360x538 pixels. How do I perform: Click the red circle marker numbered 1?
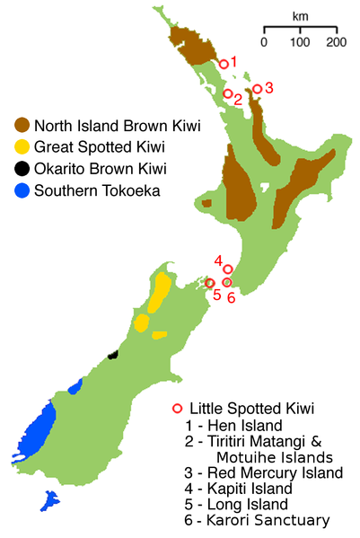click(224, 64)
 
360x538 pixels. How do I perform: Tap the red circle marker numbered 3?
click(258, 89)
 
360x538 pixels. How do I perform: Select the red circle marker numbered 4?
click(228, 269)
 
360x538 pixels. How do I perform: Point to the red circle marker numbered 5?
click(210, 283)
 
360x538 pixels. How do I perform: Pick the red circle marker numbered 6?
click(227, 282)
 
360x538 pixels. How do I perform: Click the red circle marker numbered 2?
click(228, 93)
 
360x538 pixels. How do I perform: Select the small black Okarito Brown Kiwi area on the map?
click(113, 356)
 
